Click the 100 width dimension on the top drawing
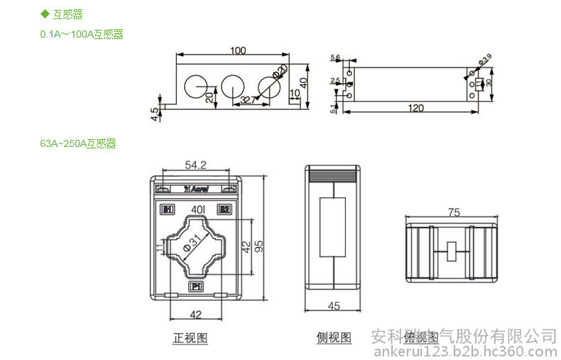click(x=238, y=50)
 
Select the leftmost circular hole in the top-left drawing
click(x=194, y=86)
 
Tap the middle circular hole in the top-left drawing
click(x=232, y=86)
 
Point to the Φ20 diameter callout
click(x=279, y=72)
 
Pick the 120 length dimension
click(x=416, y=107)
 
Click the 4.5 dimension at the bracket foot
click(x=154, y=114)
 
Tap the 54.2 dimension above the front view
click(x=195, y=165)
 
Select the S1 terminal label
click(x=168, y=209)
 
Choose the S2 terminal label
click(x=223, y=209)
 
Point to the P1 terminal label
click(x=196, y=286)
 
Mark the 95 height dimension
click(x=259, y=245)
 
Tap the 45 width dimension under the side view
click(x=334, y=306)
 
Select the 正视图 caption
click(x=190, y=338)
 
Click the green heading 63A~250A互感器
click(x=77, y=143)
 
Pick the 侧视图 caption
click(x=334, y=338)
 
